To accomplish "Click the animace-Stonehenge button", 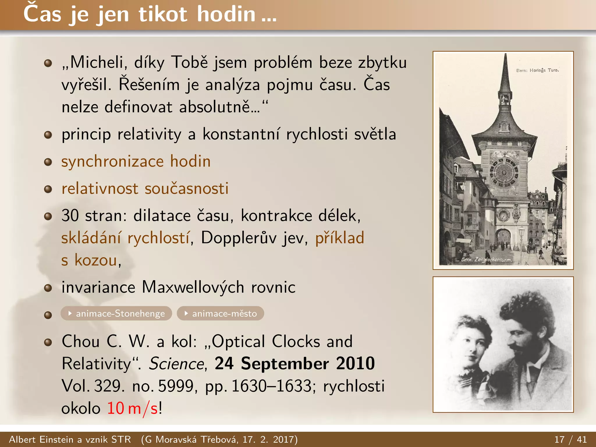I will [116, 313].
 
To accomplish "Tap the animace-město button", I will [221, 313].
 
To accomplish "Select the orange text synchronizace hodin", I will [136, 162].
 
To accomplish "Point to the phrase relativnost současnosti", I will [145, 189].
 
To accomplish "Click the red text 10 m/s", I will [132, 408].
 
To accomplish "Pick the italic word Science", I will [177, 364].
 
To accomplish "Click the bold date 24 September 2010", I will [295, 363].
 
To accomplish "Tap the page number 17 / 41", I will [570, 439].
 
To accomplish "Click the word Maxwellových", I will [193, 288].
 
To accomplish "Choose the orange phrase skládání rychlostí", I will [125, 238].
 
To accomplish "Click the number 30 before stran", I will [70, 216].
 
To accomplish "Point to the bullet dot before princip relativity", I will [48, 135].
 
